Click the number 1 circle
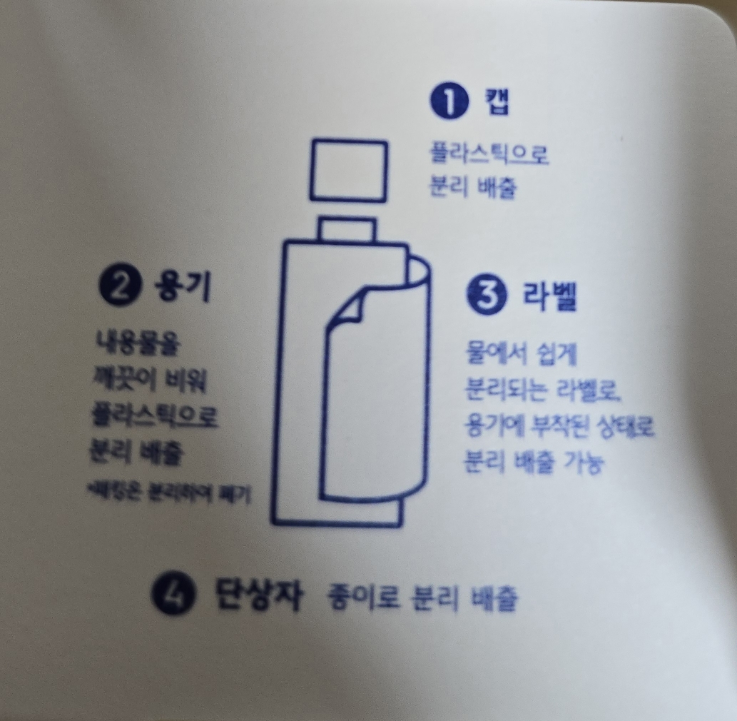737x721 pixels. click(448, 103)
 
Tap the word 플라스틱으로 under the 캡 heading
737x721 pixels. click(488, 155)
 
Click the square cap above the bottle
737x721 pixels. click(348, 171)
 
